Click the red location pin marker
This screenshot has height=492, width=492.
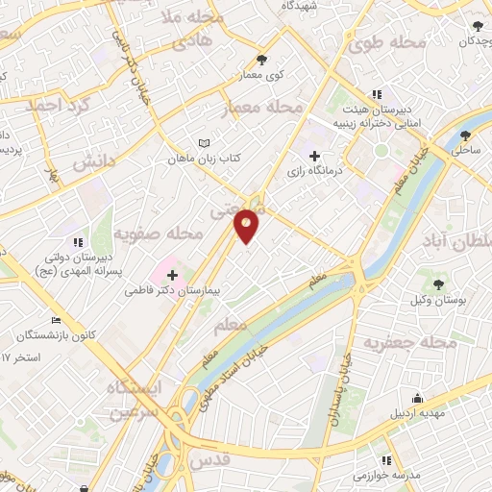point(247,225)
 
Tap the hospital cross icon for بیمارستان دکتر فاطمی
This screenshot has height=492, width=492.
point(173,275)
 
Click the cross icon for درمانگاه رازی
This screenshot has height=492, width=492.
point(314,156)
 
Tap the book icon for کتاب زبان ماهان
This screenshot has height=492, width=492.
point(203,143)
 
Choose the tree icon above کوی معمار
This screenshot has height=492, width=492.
point(261,61)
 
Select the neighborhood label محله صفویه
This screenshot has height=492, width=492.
point(160,234)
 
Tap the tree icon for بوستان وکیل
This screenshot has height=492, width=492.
point(438,285)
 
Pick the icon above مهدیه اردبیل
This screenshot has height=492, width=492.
point(417,399)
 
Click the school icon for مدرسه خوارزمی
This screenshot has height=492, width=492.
point(386,460)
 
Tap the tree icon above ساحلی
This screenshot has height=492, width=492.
point(467,135)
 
